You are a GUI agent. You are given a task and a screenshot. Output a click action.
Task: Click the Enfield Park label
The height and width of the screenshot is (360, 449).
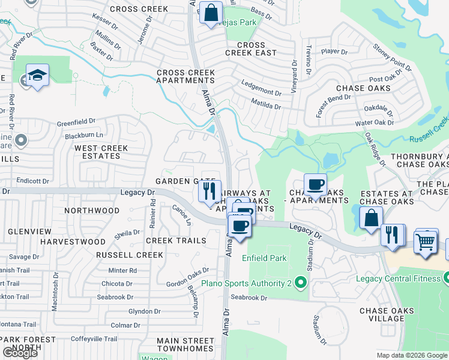tap(264, 258)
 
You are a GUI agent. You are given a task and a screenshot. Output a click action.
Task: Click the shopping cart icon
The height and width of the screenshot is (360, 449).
tap(426, 241)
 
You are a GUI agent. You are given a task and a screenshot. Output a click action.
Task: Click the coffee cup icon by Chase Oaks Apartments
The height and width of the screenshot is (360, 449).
tap(315, 185)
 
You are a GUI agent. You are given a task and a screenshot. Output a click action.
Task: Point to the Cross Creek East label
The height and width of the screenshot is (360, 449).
tap(251, 49)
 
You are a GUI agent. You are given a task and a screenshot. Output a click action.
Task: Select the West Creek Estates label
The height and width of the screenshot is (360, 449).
tap(97, 152)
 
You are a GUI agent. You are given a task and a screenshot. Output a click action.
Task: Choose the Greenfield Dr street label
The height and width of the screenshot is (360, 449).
tap(76, 122)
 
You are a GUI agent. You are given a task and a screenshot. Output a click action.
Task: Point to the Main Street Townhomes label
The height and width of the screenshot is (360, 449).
tap(185, 344)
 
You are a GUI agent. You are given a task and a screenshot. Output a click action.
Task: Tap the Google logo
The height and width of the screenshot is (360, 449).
tap(20, 353)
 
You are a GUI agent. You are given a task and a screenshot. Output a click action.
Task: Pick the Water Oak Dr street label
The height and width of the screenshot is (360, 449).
tap(375, 122)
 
